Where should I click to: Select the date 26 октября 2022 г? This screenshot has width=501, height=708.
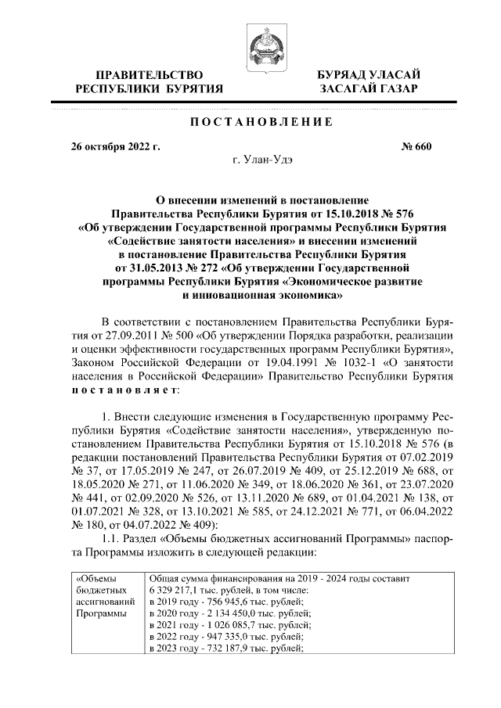(x=115, y=146)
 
